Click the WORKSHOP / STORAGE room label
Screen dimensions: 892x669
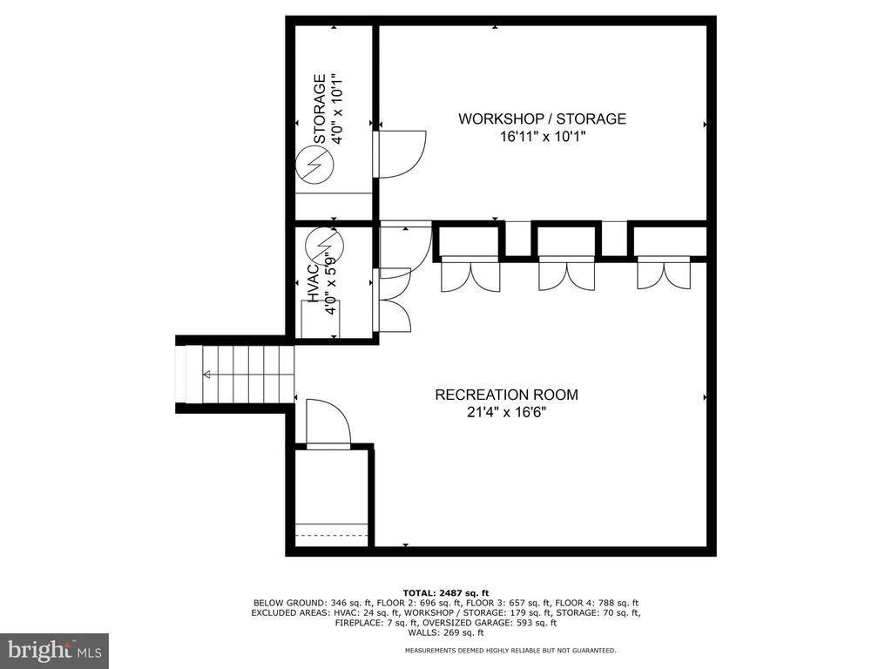[x=542, y=118]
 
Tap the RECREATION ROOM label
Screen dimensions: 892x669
[x=506, y=395]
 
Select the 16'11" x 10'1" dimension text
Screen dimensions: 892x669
[x=542, y=137]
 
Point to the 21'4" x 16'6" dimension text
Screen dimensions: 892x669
[x=506, y=412]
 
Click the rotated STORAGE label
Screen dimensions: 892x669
[x=320, y=109]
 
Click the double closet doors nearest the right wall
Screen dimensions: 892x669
[x=663, y=273]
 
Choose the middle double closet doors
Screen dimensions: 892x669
[x=566, y=274]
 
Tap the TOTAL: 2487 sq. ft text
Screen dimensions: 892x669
[x=446, y=592]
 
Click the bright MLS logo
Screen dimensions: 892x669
[x=55, y=649]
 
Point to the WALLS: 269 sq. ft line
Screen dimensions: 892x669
[x=446, y=632]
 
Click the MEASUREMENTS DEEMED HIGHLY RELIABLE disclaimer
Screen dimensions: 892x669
[x=510, y=650]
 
